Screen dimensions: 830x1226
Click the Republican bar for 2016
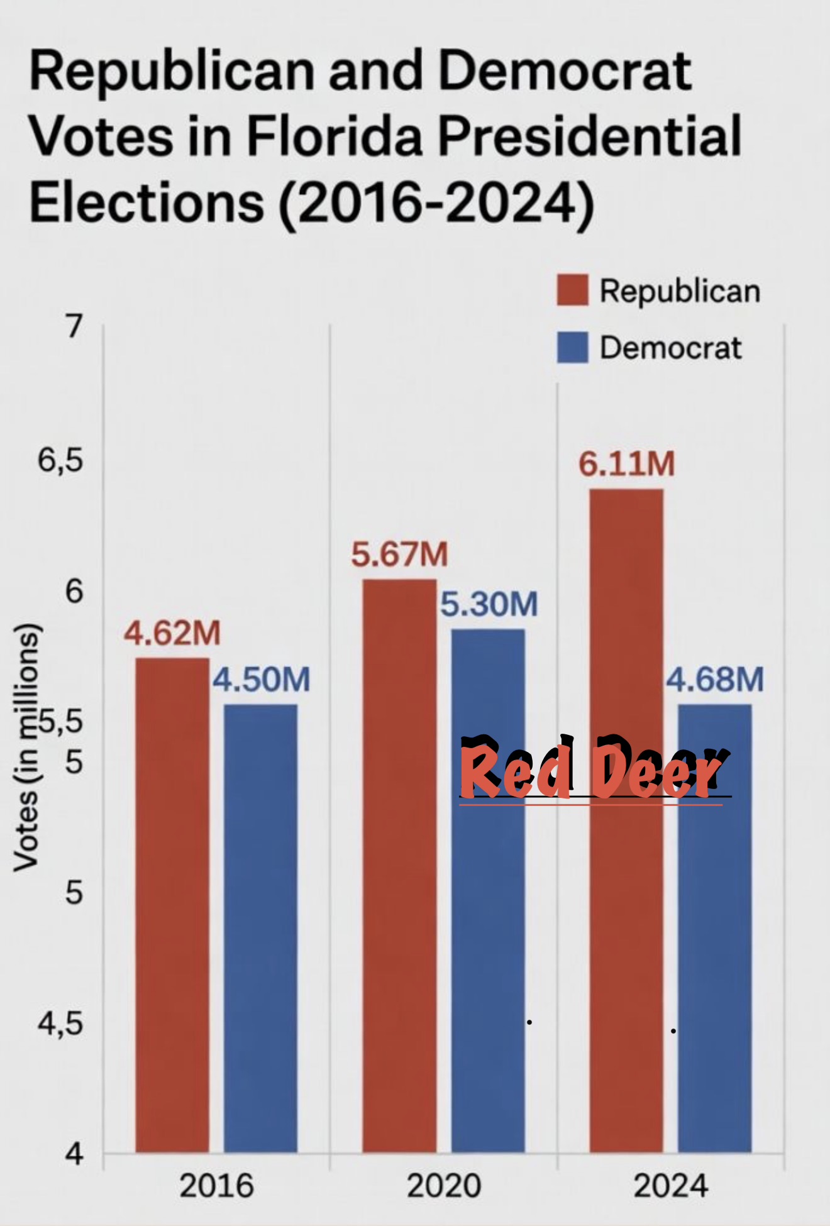tap(172, 905)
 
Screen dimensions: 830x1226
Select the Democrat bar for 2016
tap(260, 928)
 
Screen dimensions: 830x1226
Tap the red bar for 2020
tap(399, 865)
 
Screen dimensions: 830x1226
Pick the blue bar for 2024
tap(715, 928)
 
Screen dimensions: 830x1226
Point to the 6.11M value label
tap(627, 464)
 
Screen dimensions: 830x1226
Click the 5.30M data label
tap(489, 604)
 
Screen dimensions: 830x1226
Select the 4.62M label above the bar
tap(172, 632)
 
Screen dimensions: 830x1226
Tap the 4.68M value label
tap(715, 680)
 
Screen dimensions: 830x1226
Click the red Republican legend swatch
tap(573, 290)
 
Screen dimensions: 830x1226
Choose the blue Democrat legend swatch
tap(573, 347)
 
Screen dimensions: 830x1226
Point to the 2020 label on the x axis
tap(443, 1186)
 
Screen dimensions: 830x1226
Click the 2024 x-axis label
tap(670, 1186)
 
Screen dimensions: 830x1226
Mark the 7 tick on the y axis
tap(74, 326)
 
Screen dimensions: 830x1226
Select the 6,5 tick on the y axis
tap(60, 460)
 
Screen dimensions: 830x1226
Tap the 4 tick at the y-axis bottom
tap(74, 1153)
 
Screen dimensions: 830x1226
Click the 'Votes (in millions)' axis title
tap(26, 748)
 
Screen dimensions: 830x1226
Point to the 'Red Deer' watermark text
tap(595, 767)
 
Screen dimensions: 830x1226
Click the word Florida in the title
tap(334, 136)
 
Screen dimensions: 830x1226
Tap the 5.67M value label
tap(399, 555)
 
